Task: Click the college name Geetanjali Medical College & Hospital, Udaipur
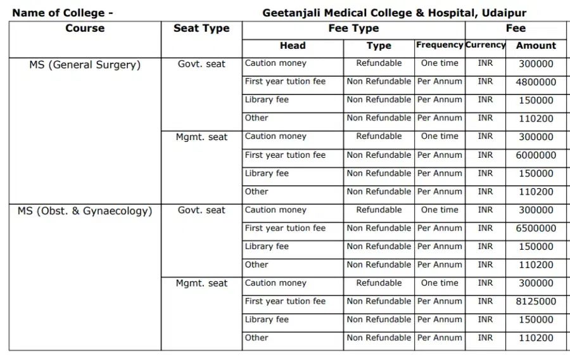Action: tap(394, 13)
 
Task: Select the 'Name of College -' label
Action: tap(63, 13)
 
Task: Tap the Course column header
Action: tap(85, 29)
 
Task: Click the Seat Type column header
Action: tap(201, 29)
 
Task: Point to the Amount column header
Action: tap(536, 46)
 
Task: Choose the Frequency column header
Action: tap(440, 45)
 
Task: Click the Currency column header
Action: tap(485, 45)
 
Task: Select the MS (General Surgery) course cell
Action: tap(85, 65)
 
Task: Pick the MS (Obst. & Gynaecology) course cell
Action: tap(85, 211)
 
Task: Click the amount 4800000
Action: tap(536, 82)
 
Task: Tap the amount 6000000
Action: tap(536, 155)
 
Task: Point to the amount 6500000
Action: tap(536, 229)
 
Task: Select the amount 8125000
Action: tap(536, 302)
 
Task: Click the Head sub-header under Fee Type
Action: tap(293, 46)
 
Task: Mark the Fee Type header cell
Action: tap(353, 29)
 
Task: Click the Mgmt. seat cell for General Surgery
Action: tap(201, 137)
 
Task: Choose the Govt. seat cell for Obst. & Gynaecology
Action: tap(201, 210)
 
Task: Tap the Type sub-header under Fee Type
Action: tap(379, 46)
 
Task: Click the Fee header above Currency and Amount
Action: tap(516, 29)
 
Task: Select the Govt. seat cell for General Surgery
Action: tap(201, 64)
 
